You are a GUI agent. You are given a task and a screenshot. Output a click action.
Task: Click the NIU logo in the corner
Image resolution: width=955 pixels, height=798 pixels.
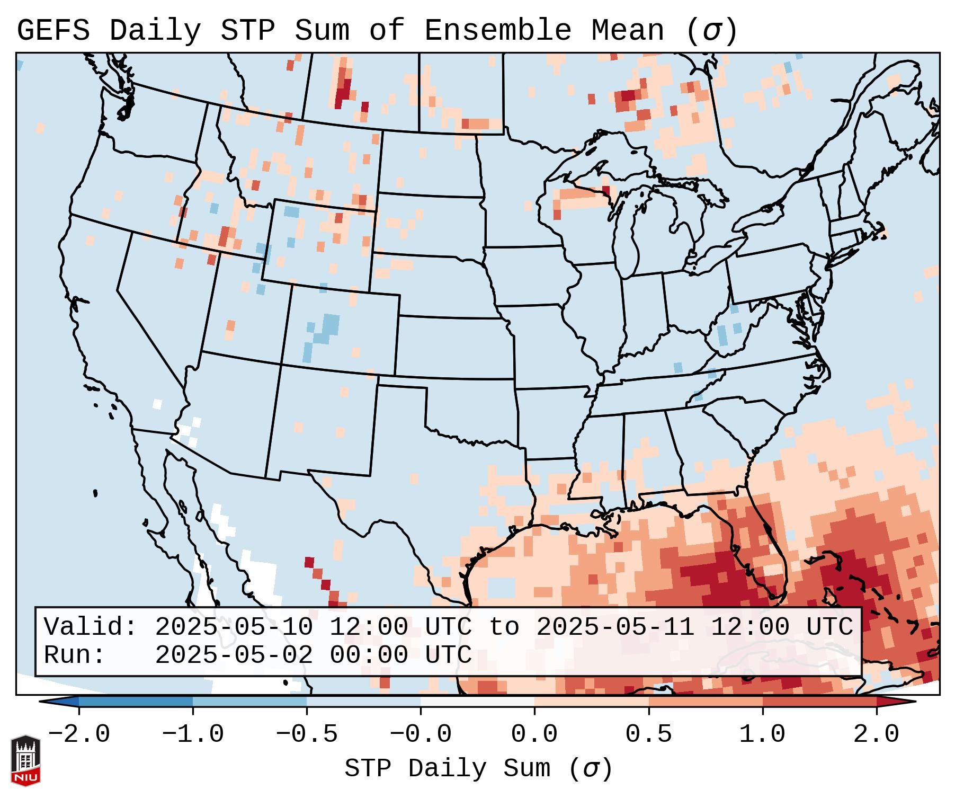(x=25, y=760)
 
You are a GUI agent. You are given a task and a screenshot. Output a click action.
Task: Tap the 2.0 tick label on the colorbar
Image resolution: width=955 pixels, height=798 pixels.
(x=876, y=734)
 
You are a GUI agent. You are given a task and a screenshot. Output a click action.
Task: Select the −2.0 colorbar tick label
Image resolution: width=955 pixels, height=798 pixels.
(x=79, y=734)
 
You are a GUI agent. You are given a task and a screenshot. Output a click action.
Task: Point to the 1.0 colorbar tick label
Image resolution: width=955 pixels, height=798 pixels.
(x=762, y=734)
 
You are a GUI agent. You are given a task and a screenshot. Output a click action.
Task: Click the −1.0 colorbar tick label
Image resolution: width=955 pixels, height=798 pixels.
(x=193, y=734)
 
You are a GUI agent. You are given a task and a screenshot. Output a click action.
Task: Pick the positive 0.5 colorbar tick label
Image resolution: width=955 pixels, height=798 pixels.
(x=648, y=734)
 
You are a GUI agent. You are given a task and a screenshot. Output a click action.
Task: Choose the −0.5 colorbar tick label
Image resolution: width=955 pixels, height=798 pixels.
(x=307, y=734)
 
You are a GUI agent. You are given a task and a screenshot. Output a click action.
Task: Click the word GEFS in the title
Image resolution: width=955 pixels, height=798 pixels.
(x=53, y=31)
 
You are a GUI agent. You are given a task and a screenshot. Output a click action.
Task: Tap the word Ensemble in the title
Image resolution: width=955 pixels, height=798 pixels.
(x=497, y=31)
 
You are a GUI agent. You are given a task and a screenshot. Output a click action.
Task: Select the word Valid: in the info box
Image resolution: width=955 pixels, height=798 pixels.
(x=91, y=627)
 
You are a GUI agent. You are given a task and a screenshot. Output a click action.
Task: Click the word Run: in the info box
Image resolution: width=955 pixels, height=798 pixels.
(x=75, y=655)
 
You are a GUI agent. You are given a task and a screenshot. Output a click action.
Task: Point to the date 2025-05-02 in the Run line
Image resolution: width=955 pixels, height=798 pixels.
(x=234, y=655)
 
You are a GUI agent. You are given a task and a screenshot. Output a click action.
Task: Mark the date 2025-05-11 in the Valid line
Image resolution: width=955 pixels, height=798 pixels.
(x=615, y=627)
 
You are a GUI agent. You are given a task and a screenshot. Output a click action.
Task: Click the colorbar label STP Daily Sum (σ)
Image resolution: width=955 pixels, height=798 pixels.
(x=478, y=769)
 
